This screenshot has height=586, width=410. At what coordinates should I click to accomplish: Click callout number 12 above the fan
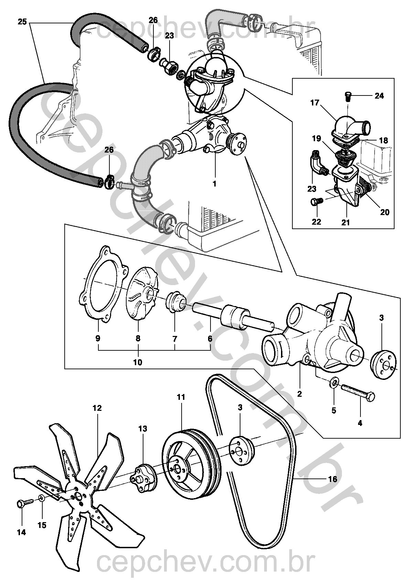[x=97, y=408]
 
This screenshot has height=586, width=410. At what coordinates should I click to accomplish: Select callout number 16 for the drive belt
[x=333, y=479]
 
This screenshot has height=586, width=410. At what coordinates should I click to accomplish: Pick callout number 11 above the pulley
[x=181, y=397]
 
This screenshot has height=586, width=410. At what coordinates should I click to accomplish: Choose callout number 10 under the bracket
[x=138, y=362]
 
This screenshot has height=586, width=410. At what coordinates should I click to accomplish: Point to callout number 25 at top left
[x=22, y=22]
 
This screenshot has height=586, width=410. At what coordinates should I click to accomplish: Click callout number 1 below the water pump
[x=214, y=184]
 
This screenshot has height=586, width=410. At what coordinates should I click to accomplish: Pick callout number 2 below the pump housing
[x=300, y=393]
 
